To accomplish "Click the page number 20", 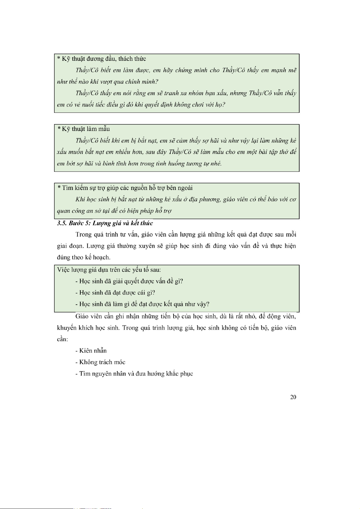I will click(x=293, y=397).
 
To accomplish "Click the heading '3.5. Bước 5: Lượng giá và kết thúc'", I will click(x=105, y=223).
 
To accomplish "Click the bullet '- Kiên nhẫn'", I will click(x=91, y=351).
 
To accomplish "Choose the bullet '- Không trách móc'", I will click(x=100, y=362).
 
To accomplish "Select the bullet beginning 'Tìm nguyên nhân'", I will click(x=134, y=374).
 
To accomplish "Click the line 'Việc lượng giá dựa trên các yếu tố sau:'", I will click(x=109, y=269).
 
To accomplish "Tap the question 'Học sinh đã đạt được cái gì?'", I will click(x=115, y=292).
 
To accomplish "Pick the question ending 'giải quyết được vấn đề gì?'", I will click(x=129, y=281).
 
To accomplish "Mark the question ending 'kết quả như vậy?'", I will click(x=142, y=304).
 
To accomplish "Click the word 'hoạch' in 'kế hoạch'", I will click(x=101, y=257).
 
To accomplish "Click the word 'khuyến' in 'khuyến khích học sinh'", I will click(x=66, y=328).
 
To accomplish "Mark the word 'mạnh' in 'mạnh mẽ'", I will click(x=279, y=70).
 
